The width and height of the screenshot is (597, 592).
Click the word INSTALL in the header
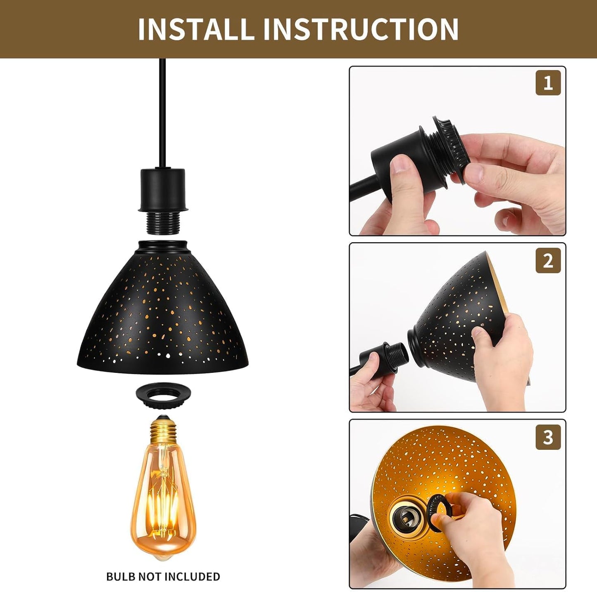pos(194,29)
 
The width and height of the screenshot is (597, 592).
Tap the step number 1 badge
pos(548,83)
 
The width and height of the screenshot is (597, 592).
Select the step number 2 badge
pos(548,260)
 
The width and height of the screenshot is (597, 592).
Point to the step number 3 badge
pos(548,437)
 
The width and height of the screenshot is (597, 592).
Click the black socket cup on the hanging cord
pos(163,190)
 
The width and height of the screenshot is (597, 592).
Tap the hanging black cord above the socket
pos(162,113)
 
